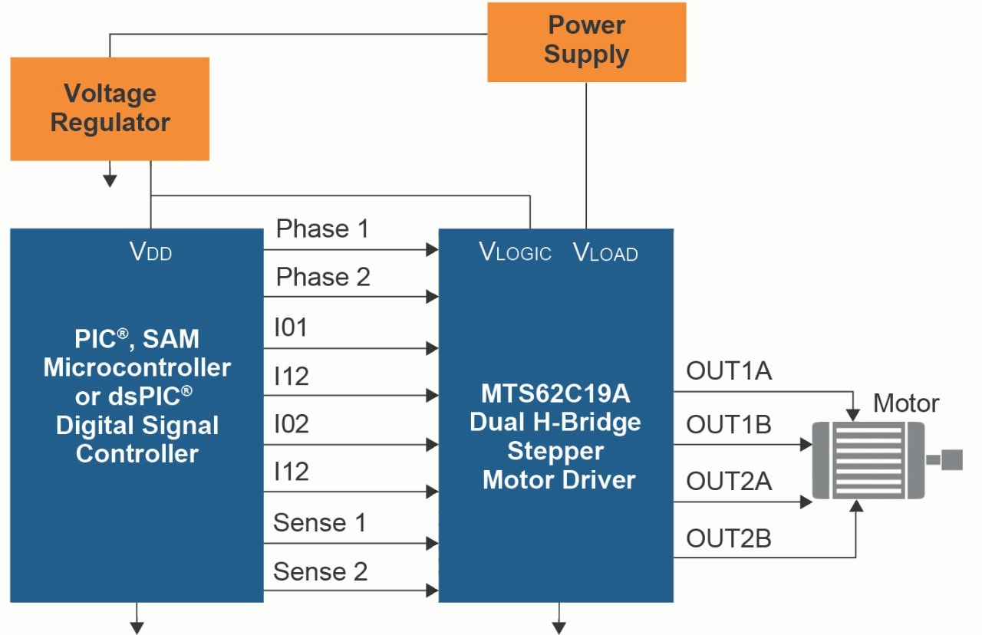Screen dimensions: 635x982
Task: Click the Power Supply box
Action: coord(586,41)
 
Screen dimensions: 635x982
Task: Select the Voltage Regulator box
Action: coord(110,108)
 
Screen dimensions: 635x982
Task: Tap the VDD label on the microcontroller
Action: coord(150,252)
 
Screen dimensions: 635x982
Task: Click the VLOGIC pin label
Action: coord(515,252)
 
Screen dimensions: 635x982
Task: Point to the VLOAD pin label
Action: coord(605,252)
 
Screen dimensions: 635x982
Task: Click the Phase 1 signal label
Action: coord(322,229)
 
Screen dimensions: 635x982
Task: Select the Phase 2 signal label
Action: coord(323,277)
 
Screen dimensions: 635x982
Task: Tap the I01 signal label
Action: coord(291,327)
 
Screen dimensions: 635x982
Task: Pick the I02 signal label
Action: coord(292,424)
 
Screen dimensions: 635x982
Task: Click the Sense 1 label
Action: coord(320,523)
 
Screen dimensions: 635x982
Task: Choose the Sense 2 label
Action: coord(320,571)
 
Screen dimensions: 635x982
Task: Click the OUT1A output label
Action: coord(729,371)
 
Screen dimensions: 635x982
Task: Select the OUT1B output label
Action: coord(729,424)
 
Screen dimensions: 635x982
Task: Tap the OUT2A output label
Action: coord(729,482)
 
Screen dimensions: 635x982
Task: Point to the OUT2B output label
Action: coord(729,538)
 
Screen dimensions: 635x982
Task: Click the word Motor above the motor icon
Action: coord(906,403)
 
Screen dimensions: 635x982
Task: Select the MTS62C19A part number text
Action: coord(555,393)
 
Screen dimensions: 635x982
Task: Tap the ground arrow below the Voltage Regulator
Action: coord(110,180)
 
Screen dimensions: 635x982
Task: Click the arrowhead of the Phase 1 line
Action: coord(432,249)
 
